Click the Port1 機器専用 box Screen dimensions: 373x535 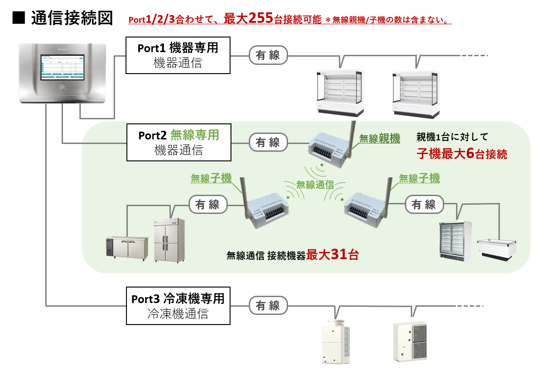[178, 55]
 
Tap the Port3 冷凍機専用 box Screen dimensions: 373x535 [178, 306]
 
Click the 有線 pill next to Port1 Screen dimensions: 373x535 [268, 55]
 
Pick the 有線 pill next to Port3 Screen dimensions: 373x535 [268, 305]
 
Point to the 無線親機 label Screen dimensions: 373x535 [379, 138]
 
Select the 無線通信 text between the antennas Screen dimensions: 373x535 [315, 185]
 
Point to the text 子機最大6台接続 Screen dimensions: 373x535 [462, 154]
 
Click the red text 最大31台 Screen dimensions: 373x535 [332, 255]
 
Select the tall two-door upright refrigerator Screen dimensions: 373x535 [169, 240]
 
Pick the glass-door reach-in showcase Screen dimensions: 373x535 [455, 241]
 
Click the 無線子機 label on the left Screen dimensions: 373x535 [211, 178]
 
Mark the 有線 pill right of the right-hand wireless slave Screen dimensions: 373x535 [424, 204]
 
